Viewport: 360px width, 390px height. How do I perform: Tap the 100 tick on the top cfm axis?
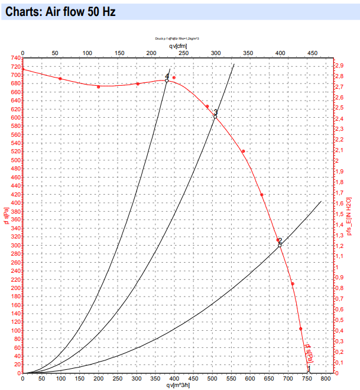point(87,53)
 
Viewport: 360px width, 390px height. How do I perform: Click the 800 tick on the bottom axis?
point(325,379)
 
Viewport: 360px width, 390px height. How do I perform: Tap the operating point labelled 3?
point(215,116)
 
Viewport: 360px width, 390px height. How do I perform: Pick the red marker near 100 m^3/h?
point(60,79)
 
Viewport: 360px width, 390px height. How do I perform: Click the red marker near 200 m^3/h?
point(99,87)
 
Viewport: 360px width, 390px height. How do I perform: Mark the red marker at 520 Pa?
point(243,152)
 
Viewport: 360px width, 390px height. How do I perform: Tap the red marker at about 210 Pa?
point(293,284)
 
